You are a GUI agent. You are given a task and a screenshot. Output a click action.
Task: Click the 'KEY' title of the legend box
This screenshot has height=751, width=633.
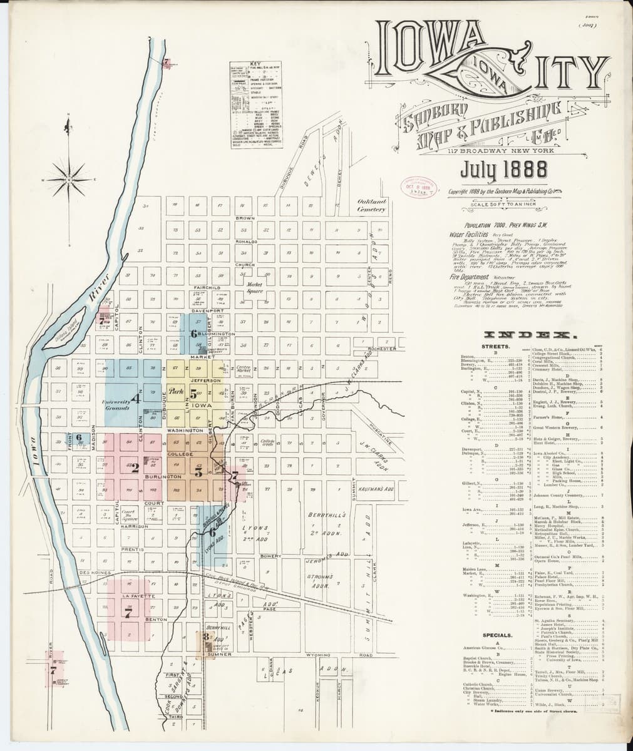tap(255, 64)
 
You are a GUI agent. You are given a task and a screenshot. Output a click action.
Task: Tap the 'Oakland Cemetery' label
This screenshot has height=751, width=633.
tap(371, 206)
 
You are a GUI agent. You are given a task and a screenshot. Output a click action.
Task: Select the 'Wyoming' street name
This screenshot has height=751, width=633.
tap(318, 655)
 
